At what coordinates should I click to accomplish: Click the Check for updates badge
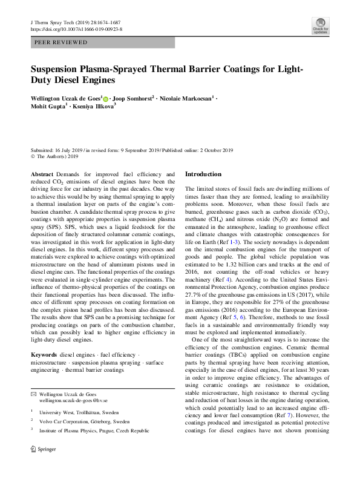(320, 26)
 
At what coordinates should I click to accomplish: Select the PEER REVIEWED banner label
(61, 43)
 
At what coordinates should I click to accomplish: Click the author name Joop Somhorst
(134, 97)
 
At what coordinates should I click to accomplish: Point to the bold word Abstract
(41, 174)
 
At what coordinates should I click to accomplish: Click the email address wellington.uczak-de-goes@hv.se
(73, 400)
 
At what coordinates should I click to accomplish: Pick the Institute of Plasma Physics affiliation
(93, 431)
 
